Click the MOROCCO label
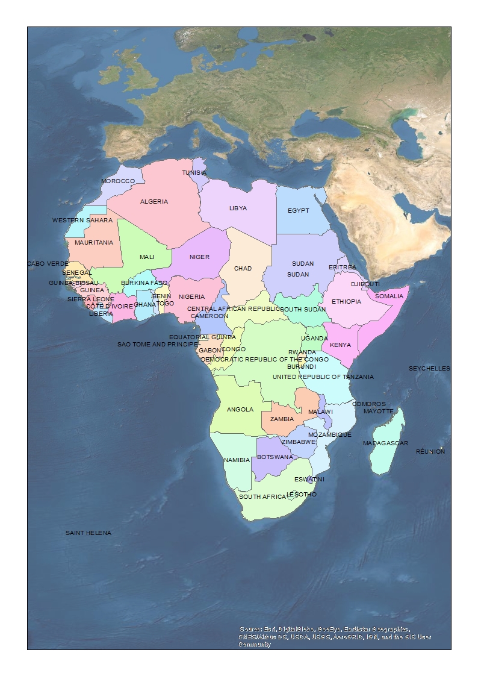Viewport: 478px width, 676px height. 118,181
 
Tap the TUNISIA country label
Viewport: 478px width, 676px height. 194,173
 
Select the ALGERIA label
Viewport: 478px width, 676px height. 154,201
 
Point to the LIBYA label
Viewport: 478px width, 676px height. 238,208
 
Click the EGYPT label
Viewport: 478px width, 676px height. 298,211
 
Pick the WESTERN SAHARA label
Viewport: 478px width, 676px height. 82,221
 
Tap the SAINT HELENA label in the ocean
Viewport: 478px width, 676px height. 88,533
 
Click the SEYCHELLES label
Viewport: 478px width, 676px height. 429,368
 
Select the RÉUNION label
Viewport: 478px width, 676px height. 430,451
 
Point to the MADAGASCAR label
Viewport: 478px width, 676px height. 385,443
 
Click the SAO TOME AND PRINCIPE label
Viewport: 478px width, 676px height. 158,345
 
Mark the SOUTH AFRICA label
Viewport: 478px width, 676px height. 262,497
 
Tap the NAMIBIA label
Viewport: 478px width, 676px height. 237,460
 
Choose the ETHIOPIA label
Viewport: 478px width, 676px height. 346,301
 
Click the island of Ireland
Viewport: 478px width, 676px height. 110,74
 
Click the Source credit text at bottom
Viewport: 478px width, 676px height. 335,637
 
